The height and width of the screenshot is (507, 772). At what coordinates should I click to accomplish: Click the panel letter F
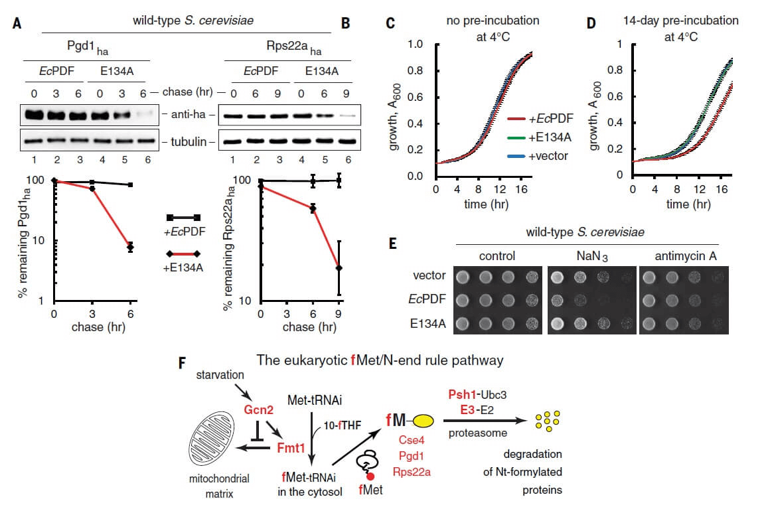pyautogui.click(x=182, y=363)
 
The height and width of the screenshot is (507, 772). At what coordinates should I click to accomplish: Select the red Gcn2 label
pyautogui.click(x=258, y=410)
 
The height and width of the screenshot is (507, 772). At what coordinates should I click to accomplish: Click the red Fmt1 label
pyautogui.click(x=291, y=448)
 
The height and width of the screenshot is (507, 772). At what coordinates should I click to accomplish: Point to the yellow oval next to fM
pyautogui.click(x=423, y=421)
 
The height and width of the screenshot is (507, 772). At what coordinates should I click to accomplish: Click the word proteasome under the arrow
pyautogui.click(x=477, y=433)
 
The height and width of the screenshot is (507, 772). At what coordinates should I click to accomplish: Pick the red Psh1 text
pyautogui.click(x=462, y=395)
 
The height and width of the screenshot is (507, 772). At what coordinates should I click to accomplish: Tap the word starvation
pyautogui.click(x=220, y=375)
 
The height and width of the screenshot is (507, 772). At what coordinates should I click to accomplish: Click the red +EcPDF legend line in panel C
pyautogui.click(x=516, y=119)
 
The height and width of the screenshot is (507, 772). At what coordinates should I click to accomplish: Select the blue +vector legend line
pyautogui.click(x=516, y=157)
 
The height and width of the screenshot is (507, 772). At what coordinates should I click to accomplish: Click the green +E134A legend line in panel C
pyautogui.click(x=516, y=138)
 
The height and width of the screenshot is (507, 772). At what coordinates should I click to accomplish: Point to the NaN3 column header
pyautogui.click(x=592, y=256)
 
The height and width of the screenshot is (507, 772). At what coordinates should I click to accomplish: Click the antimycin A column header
pyautogui.click(x=685, y=256)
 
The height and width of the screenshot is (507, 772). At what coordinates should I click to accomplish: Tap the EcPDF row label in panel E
pyautogui.click(x=427, y=299)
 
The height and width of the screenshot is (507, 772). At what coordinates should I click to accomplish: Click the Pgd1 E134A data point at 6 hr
pyautogui.click(x=131, y=247)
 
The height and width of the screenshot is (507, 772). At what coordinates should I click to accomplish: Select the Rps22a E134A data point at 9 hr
pyautogui.click(x=339, y=268)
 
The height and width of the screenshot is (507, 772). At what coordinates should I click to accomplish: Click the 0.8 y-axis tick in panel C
pyautogui.click(x=415, y=70)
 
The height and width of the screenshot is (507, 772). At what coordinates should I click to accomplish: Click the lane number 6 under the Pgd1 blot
pyautogui.click(x=147, y=160)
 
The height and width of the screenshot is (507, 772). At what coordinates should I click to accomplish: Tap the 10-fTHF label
pyautogui.click(x=342, y=425)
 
